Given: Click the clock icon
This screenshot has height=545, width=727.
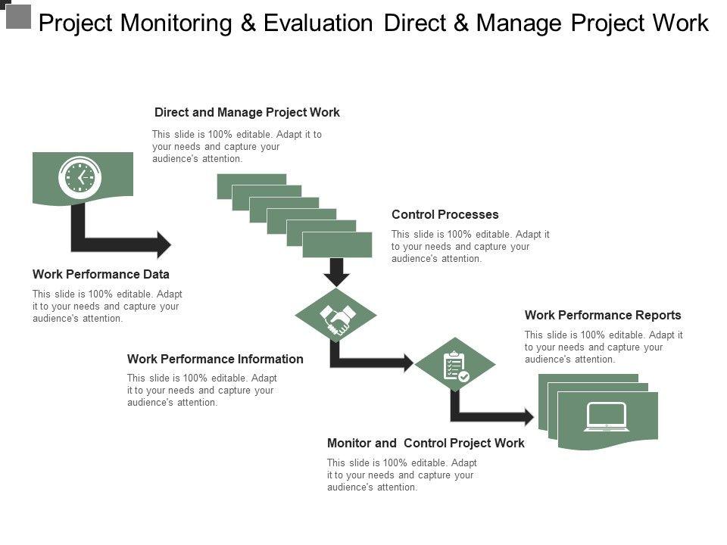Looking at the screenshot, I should pos(80,178).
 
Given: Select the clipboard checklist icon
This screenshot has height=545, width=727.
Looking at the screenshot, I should pos(454,365).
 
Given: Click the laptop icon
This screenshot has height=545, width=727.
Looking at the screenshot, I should pos(606,417).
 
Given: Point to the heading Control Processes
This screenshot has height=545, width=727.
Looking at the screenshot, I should pos(445,215).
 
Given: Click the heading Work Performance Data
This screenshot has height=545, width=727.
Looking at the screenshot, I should pos(101,274).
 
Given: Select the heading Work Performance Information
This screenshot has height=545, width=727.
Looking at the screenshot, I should pos(215,359).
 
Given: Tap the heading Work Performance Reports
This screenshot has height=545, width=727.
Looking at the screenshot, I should pos(603,315).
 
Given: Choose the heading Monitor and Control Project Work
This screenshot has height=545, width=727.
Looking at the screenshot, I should pos(426,443).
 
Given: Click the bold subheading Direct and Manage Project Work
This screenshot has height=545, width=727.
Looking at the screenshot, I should pos(247,113).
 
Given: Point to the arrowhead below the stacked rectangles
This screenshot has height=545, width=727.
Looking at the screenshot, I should pos(337,278).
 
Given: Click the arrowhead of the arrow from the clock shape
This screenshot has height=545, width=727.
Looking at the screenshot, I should pos(164,244).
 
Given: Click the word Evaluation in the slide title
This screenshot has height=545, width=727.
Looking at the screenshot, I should pos(319,24).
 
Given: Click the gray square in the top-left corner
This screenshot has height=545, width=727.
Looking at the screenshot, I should pos(18,16).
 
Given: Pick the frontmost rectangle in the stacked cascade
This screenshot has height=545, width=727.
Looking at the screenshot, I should pos(337,244).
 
